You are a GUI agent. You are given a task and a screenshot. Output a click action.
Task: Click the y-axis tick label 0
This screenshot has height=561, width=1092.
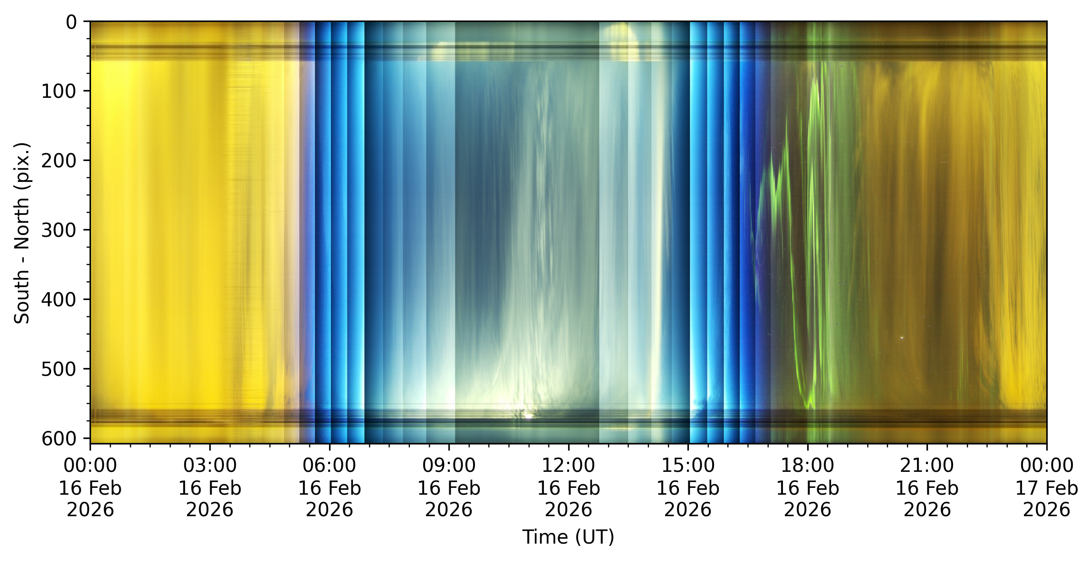click(x=71, y=22)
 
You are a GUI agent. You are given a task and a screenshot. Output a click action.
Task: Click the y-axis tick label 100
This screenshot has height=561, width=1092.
click(x=59, y=91)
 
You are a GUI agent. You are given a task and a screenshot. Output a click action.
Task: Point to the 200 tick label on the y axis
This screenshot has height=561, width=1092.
click(x=59, y=161)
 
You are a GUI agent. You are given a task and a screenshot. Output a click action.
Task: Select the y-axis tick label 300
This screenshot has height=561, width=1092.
click(x=59, y=230)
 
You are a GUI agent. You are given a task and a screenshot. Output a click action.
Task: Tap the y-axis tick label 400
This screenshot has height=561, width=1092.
click(x=59, y=299)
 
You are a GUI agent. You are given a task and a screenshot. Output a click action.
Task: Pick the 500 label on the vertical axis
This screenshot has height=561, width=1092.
click(x=59, y=369)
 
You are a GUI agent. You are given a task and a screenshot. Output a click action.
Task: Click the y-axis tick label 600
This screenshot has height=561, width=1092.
click(x=59, y=438)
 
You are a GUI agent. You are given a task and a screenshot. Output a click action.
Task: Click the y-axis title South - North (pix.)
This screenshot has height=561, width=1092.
click(x=22, y=233)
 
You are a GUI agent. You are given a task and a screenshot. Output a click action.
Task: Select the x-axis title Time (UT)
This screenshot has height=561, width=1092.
click(x=568, y=537)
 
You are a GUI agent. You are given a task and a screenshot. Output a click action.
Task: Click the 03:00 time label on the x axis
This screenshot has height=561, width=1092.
click(x=210, y=465)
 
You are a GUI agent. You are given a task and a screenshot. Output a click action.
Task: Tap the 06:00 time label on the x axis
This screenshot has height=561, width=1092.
click(x=330, y=465)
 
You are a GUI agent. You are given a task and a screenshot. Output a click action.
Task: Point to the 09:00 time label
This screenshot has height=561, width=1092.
click(x=449, y=465)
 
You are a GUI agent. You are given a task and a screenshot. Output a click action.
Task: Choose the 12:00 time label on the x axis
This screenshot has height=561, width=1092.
click(x=568, y=465)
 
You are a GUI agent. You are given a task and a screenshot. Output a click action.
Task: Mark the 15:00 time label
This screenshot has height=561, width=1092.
click(x=688, y=465)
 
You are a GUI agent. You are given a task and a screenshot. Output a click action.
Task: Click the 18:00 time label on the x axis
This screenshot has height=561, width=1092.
click(x=808, y=465)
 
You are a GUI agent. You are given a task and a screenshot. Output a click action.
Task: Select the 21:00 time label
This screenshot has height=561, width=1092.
click(x=927, y=465)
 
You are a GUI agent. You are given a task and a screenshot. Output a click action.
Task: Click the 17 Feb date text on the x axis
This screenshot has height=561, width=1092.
click(x=1047, y=488)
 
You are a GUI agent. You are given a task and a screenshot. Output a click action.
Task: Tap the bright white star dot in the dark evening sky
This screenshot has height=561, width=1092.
click(x=902, y=338)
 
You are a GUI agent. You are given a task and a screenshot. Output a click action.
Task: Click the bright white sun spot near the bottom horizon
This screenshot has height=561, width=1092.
click(x=528, y=416)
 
